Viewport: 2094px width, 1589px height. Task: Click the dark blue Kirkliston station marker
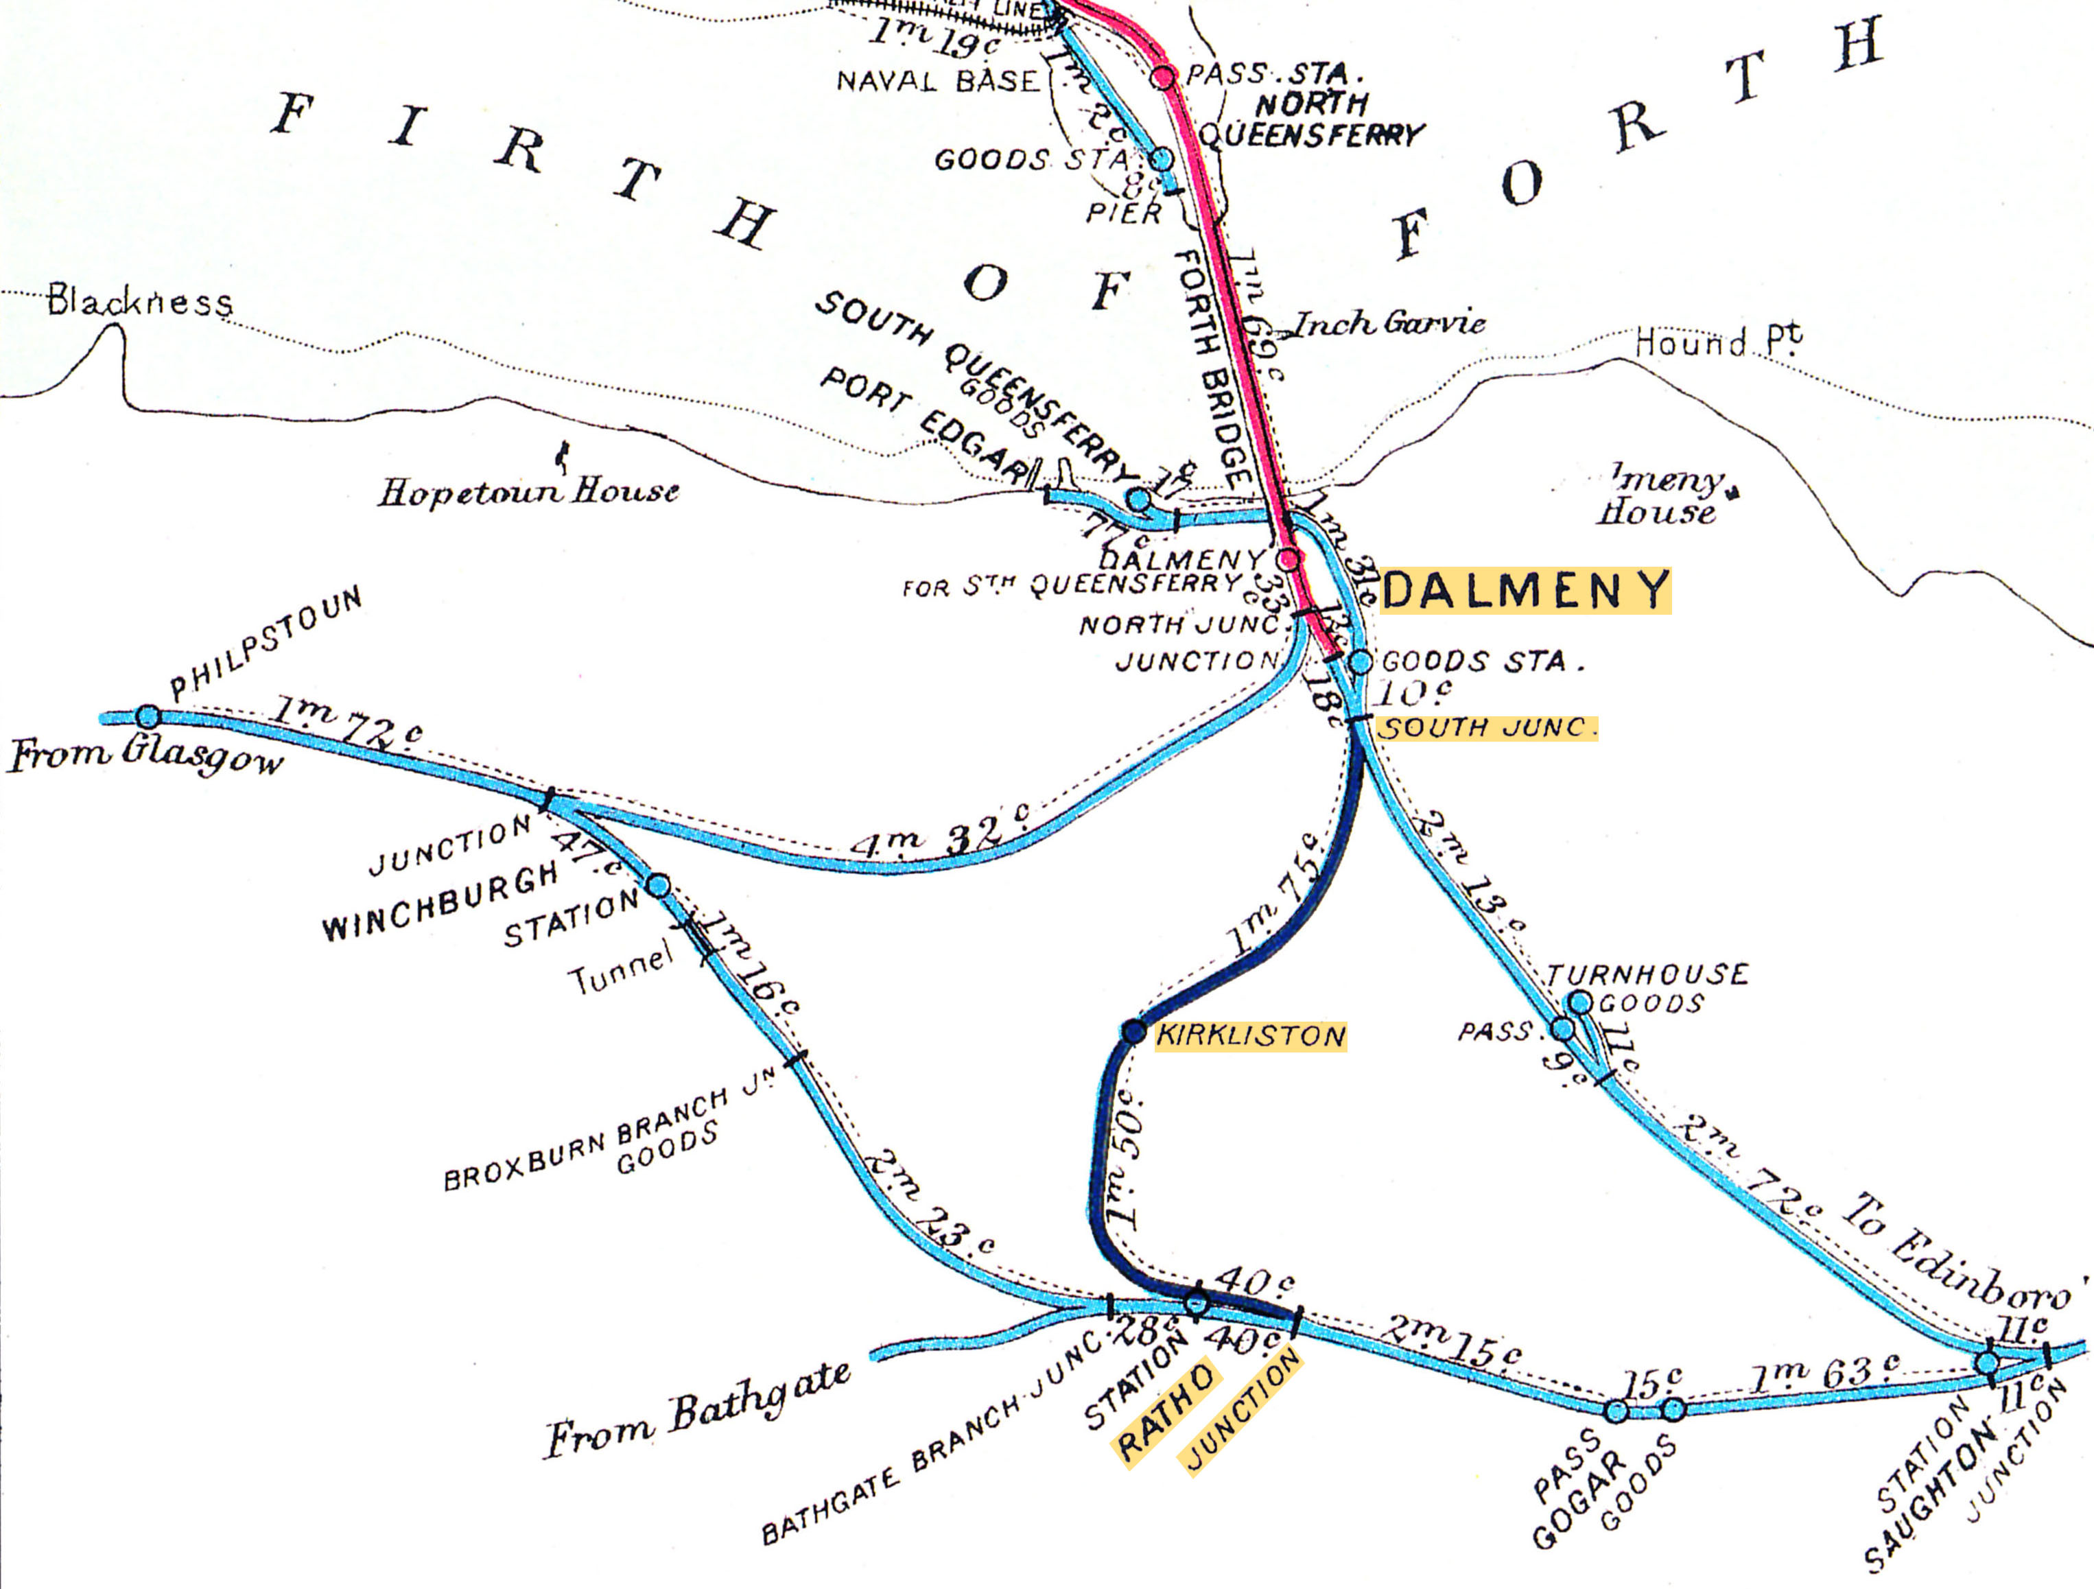(1134, 1032)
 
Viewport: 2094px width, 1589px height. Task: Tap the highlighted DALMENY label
(1525, 591)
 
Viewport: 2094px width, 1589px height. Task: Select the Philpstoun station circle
(148, 716)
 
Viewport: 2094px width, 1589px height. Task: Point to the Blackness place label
(139, 302)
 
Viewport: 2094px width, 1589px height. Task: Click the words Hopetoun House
(528, 491)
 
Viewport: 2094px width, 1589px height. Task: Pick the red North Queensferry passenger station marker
(1164, 77)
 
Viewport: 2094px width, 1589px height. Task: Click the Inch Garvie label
(1388, 325)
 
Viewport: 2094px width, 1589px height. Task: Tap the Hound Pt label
(1717, 342)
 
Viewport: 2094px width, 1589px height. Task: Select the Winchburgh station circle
(658, 886)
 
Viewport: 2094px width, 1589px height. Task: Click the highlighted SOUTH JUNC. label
(1486, 728)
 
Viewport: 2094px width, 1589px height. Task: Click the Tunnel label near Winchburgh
(620, 971)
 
